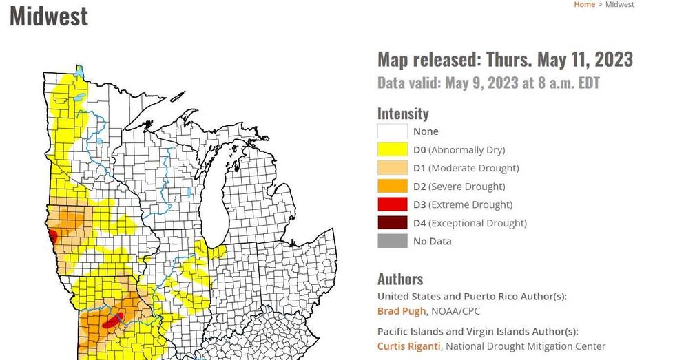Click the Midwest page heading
(x=49, y=15)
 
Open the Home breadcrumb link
(x=584, y=5)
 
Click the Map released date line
(x=505, y=59)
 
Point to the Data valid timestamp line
(x=488, y=83)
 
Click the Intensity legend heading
(x=403, y=114)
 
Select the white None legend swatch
(x=392, y=131)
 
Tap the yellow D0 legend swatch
(x=392, y=149)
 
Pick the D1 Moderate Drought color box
(x=392, y=168)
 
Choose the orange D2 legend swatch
(x=392, y=187)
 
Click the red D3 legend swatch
(x=392, y=204)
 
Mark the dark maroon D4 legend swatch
(x=392, y=223)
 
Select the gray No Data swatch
(x=392, y=241)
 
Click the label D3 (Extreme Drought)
(x=463, y=204)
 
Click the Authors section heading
(x=400, y=279)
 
